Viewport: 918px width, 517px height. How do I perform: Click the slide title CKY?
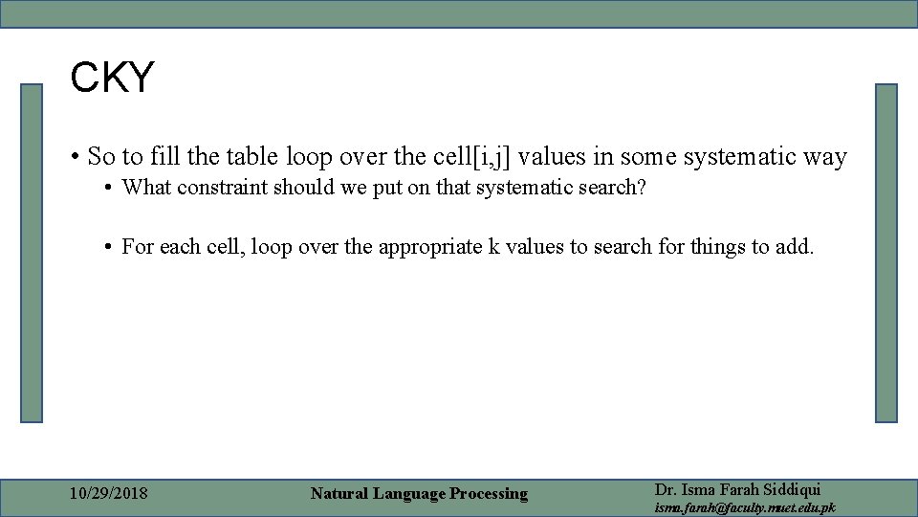pyautogui.click(x=112, y=78)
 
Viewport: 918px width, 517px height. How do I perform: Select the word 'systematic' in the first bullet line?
pyautogui.click(x=722, y=156)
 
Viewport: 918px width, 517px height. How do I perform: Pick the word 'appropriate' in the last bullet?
pyautogui.click(x=431, y=246)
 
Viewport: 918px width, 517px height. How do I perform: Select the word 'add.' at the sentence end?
pyautogui.click(x=796, y=246)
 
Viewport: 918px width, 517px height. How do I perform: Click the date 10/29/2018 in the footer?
pyautogui.click(x=109, y=494)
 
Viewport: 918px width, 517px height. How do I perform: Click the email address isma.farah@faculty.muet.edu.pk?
pyautogui.click(x=744, y=507)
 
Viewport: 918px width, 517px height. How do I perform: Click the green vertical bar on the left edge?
pyautogui.click(x=33, y=253)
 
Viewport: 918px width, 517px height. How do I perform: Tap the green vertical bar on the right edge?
pyautogui.click(x=886, y=253)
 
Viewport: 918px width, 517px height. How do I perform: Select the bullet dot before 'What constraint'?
pyautogui.click(x=112, y=188)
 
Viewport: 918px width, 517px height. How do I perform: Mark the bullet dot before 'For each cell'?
pyautogui.click(x=112, y=247)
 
